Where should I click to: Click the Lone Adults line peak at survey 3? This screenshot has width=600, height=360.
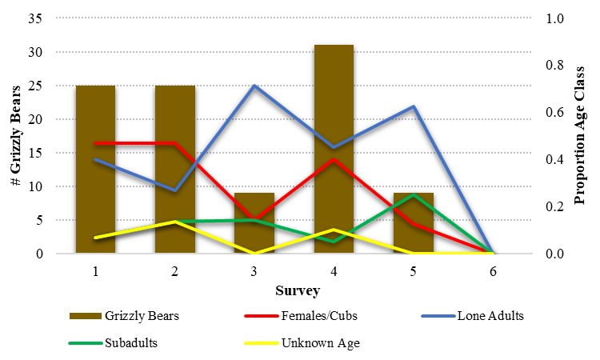[254, 86]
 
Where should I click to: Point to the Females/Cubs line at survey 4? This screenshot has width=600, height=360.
[334, 158]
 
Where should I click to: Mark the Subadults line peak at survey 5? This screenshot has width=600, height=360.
[414, 194]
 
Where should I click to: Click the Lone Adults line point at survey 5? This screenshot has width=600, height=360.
[414, 106]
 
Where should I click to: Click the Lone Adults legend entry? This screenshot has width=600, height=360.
[490, 315]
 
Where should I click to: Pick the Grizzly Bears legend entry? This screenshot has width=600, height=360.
[141, 315]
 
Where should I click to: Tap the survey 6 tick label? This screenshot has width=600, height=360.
[493, 271]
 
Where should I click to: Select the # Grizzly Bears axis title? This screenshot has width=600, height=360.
[14, 136]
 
